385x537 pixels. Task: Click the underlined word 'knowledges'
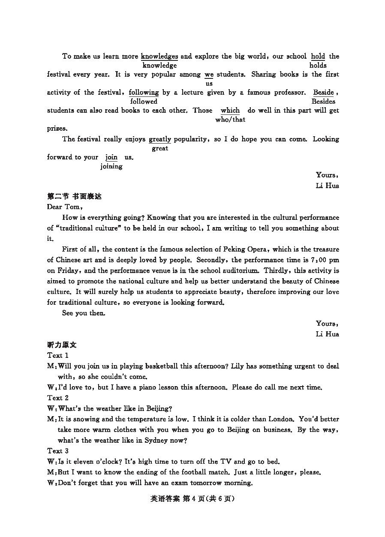click(x=159, y=56)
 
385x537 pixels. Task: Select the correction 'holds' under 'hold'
click(x=318, y=66)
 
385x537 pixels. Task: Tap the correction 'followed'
click(x=144, y=102)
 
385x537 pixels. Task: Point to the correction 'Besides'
click(x=323, y=102)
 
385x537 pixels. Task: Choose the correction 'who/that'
click(x=230, y=120)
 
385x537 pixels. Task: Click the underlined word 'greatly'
click(x=160, y=139)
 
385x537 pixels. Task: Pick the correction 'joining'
click(x=111, y=166)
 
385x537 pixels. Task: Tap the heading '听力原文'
click(x=62, y=345)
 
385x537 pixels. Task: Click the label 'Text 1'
click(x=58, y=355)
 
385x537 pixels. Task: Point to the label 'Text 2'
click(x=58, y=398)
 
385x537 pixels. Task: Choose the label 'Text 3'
click(x=58, y=451)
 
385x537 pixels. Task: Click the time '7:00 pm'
click(x=325, y=260)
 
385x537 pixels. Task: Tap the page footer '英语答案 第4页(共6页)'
click(x=193, y=498)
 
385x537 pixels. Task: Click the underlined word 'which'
click(x=230, y=111)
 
